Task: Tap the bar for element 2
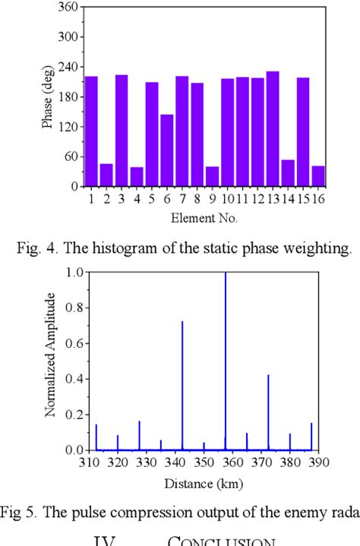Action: point(106,175)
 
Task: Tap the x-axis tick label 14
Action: point(287,200)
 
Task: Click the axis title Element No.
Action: point(204,219)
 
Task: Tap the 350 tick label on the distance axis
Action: point(204,462)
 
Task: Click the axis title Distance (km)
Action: point(204,481)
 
